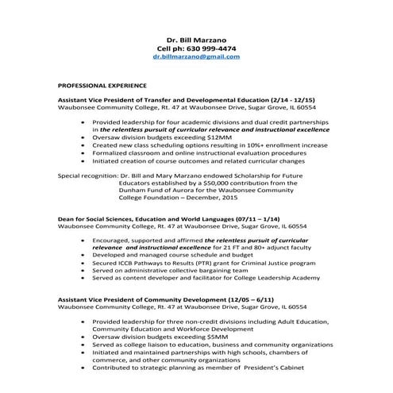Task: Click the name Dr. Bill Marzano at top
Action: click(x=195, y=39)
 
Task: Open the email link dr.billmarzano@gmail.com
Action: click(x=195, y=58)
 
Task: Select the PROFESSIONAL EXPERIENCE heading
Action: click(x=102, y=83)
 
